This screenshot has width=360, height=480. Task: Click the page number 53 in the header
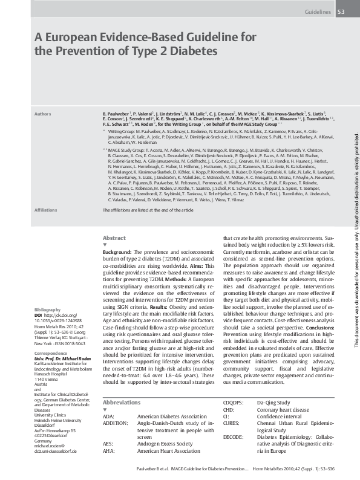[341, 11]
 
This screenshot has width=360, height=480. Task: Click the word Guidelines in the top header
[317, 11]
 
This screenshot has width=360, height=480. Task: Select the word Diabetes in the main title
[194, 51]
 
